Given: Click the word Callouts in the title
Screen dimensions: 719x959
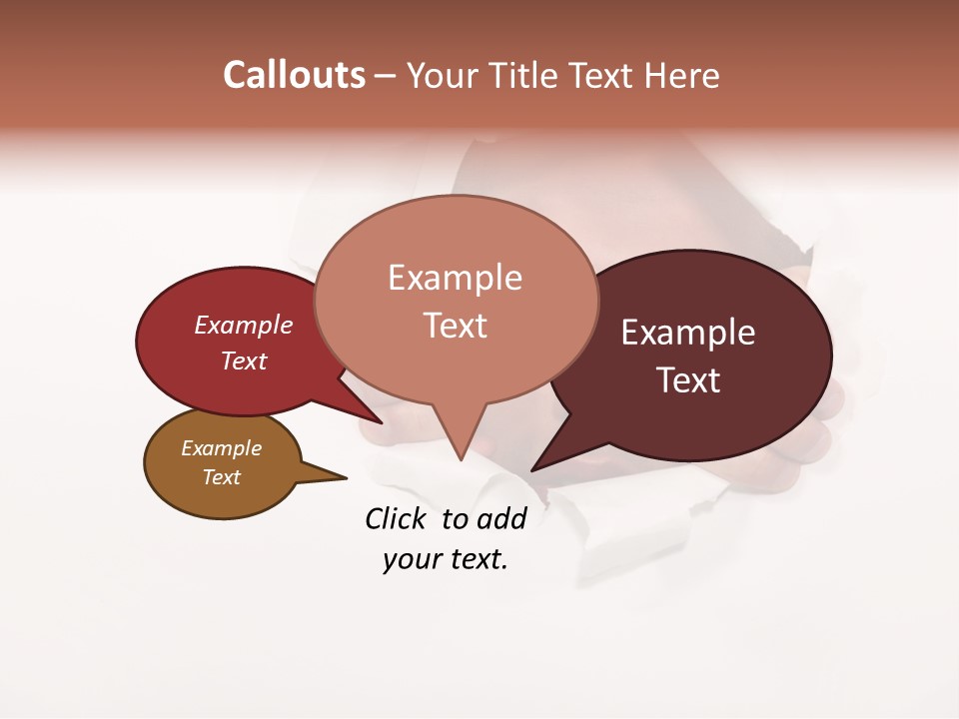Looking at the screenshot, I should pyautogui.click(x=294, y=75).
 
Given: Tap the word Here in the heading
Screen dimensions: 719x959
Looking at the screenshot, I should pyautogui.click(x=681, y=75).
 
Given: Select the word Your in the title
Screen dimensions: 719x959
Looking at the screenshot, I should pyautogui.click(x=443, y=75).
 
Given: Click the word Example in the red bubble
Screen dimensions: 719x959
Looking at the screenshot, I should pyautogui.click(x=243, y=325).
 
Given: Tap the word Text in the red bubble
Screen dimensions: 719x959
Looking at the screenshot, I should pyautogui.click(x=243, y=360).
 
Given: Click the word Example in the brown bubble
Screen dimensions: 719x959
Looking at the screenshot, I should pyautogui.click(x=221, y=448).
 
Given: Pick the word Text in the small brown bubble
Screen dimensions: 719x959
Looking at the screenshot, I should pyautogui.click(x=221, y=477).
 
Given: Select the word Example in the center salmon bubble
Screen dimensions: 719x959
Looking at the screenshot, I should pyautogui.click(x=455, y=278).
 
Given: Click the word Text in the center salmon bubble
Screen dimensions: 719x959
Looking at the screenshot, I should pyautogui.click(x=455, y=326).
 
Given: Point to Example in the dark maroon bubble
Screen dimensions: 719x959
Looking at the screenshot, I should pyautogui.click(x=688, y=333).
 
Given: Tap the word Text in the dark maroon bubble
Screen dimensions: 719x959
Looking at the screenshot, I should pyautogui.click(x=688, y=380).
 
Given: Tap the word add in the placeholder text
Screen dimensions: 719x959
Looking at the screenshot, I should pyautogui.click(x=500, y=518).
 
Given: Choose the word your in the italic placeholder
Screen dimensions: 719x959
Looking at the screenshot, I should pyautogui.click(x=412, y=559).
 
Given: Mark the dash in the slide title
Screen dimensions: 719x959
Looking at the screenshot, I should pyautogui.click(x=387, y=76).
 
